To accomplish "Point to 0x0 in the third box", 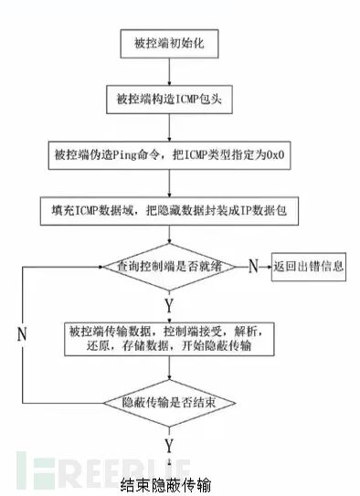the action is pyautogui.click(x=275, y=155).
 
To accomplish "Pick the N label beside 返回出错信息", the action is pyautogui.click(x=253, y=266).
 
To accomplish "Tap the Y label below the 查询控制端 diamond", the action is pyautogui.click(x=169, y=306).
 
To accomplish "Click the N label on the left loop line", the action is pyautogui.click(x=22, y=334).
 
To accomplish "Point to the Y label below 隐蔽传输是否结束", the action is pyautogui.click(x=169, y=446).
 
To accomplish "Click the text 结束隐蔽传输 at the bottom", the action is pyautogui.click(x=165, y=486).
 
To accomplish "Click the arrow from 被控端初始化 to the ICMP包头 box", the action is pyautogui.click(x=169, y=72).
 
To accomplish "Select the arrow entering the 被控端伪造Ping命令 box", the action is pyautogui.click(x=169, y=128).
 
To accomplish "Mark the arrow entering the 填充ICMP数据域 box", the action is pyautogui.click(x=169, y=184).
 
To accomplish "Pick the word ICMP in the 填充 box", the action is pyautogui.click(x=87, y=211).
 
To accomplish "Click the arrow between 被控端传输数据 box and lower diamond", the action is pyautogui.click(x=169, y=368).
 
